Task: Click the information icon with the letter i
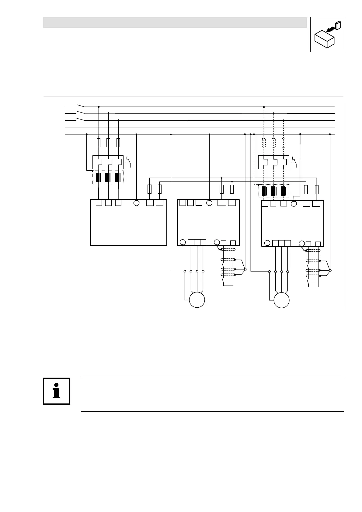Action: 56,391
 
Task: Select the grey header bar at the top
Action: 175,22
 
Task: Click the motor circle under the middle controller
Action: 197,300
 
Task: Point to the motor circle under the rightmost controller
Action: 281,300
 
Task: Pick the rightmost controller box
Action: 293,223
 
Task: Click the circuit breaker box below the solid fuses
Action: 108,162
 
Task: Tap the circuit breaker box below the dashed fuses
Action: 273,162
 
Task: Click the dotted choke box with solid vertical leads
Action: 108,177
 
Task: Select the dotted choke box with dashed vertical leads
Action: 273,191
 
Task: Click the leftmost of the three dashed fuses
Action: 264,142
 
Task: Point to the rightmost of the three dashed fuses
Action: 284,142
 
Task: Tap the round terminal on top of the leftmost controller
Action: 136,203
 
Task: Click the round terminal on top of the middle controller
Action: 209,203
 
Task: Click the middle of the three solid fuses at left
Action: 108,142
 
